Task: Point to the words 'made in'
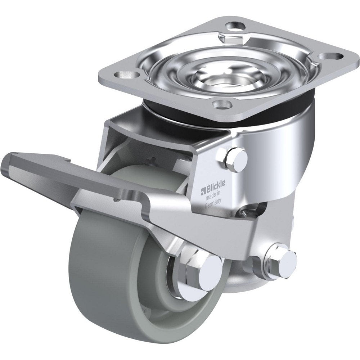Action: [x=213, y=194]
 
